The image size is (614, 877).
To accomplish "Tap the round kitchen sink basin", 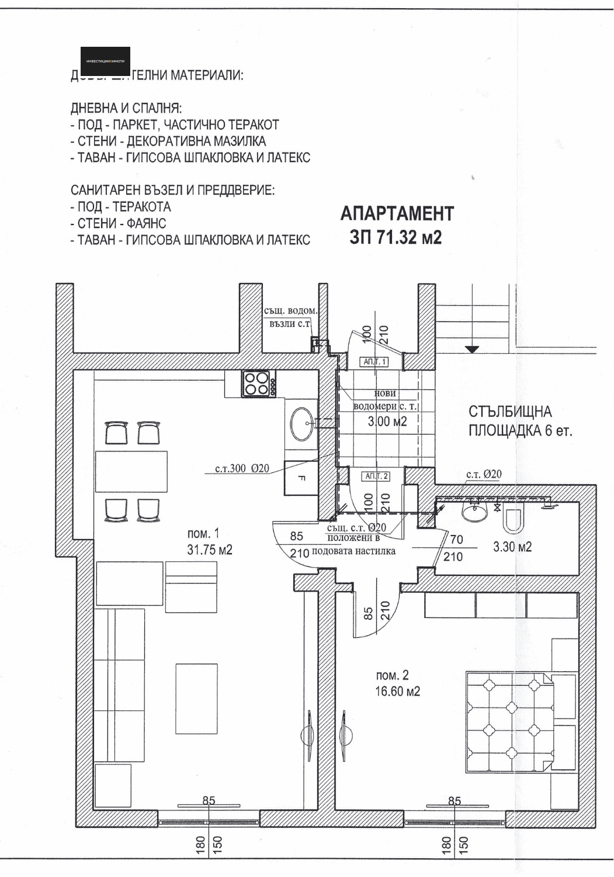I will [x=302, y=423].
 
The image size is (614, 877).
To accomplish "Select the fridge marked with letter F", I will [x=300, y=478].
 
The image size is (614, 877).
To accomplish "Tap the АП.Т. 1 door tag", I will [x=375, y=362].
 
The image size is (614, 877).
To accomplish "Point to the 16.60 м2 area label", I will [x=397, y=691].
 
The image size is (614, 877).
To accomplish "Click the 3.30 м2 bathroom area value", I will [x=512, y=547].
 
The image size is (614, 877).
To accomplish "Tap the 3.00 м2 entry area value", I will [x=387, y=421].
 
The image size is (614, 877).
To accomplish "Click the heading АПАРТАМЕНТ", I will [x=397, y=213].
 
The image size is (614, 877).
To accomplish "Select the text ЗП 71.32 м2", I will [x=396, y=237].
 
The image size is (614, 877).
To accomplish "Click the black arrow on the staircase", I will [x=472, y=349].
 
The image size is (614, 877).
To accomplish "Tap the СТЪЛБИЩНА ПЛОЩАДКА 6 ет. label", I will [x=519, y=422].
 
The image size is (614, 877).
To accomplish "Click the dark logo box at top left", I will [x=105, y=61].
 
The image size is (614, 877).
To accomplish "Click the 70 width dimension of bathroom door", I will [x=456, y=540].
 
